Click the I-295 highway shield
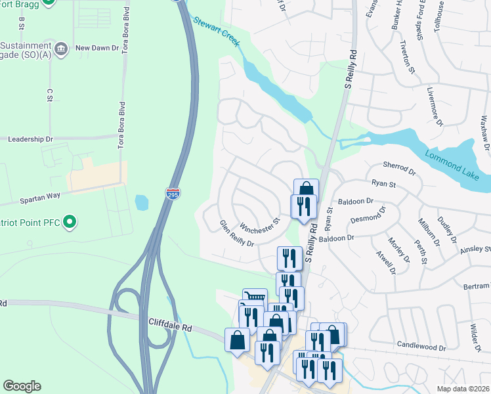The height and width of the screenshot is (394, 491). (x=171, y=192)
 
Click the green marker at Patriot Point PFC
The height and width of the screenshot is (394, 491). (x=68, y=223)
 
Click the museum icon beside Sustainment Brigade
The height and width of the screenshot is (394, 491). (x=60, y=48)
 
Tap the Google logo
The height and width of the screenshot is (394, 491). (x=22, y=386)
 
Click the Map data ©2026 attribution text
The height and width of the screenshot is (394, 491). (x=462, y=389)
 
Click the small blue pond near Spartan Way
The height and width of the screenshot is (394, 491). (x=141, y=202)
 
